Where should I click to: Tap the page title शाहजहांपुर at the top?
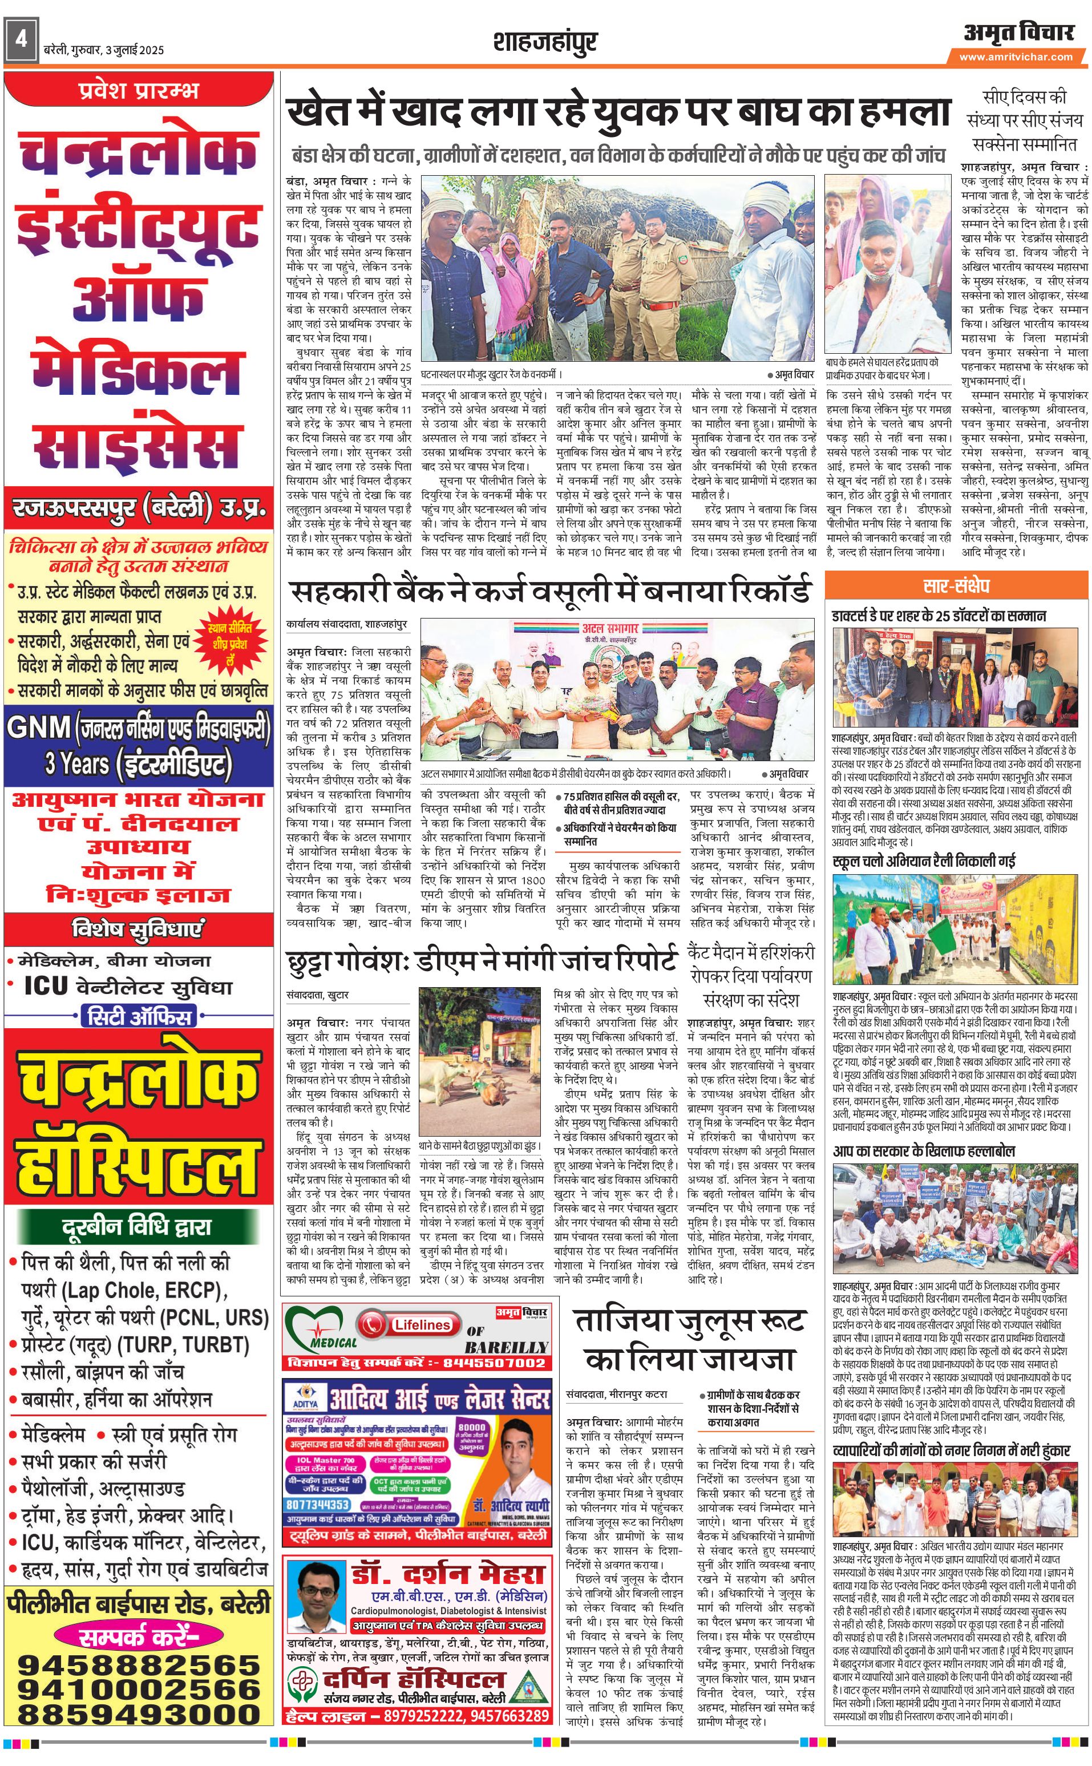pos(545,43)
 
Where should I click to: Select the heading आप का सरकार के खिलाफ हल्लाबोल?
pos(924,1151)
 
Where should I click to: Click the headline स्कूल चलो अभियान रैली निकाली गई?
pos(924,861)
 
